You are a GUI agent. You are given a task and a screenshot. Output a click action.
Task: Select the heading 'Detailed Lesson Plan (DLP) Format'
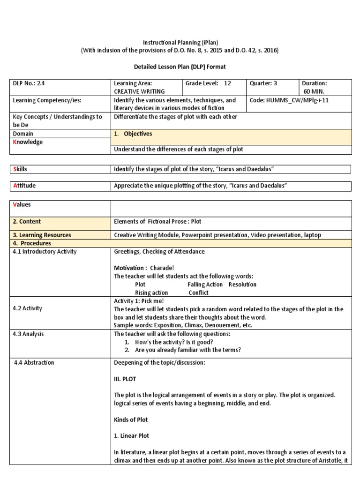click(180, 67)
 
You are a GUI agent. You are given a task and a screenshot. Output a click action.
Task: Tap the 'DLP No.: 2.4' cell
click(29, 83)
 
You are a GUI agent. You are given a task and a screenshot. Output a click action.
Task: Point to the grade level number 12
click(227, 83)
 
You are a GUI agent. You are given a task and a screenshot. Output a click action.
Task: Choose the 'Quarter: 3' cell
click(263, 83)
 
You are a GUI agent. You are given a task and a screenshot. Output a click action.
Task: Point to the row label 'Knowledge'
click(28, 142)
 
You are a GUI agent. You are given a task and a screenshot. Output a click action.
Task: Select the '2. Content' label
click(27, 222)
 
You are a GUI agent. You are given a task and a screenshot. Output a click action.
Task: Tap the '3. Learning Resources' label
click(42, 235)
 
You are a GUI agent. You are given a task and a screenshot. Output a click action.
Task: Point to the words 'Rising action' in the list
click(151, 292)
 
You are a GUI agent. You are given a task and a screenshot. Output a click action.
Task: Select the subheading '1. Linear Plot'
click(132, 435)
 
